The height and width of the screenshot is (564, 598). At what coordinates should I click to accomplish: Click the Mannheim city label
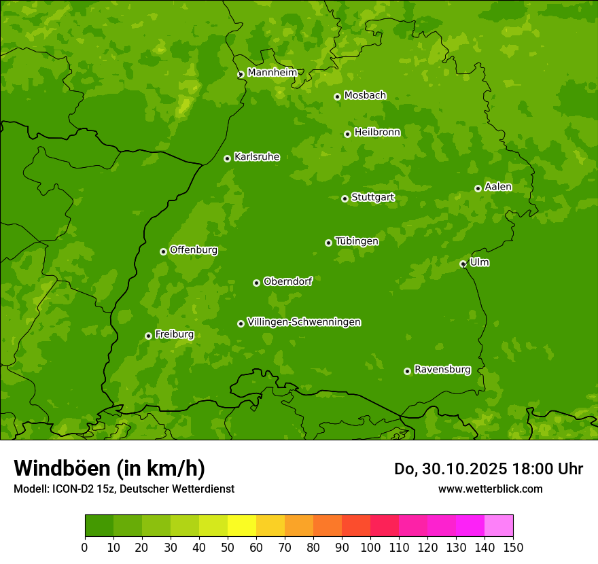[272, 72]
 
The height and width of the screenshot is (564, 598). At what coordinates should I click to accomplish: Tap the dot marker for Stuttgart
[345, 198]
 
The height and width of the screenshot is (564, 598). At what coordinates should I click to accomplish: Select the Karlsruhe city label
[257, 157]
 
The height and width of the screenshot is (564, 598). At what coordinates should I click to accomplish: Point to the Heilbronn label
[377, 133]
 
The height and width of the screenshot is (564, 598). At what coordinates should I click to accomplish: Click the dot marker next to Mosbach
[337, 96]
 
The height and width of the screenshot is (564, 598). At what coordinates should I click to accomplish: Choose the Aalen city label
[498, 187]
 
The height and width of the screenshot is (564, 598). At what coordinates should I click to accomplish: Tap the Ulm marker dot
[463, 264]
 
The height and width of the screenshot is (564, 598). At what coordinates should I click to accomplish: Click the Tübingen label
[357, 241]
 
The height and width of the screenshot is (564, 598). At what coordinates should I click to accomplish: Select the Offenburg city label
[194, 250]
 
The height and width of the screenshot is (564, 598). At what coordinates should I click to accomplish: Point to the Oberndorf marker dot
[256, 283]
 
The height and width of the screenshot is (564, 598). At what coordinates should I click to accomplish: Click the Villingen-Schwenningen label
[304, 322]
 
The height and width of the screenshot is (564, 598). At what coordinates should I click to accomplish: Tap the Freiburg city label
[174, 334]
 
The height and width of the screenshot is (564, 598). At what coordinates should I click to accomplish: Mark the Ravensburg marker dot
[407, 371]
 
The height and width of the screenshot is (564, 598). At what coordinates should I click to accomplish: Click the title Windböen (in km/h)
[109, 468]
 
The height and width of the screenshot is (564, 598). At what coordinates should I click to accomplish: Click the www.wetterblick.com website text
[490, 489]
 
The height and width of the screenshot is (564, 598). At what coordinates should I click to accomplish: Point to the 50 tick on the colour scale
[228, 548]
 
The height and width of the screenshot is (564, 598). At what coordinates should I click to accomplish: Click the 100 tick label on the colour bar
[370, 548]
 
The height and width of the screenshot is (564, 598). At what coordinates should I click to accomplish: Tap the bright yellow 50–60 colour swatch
[242, 526]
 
